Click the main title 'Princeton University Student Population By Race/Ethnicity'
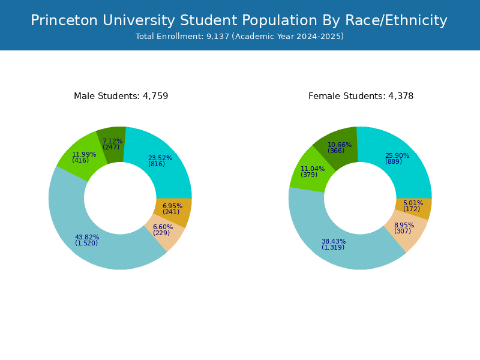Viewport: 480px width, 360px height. [239, 21]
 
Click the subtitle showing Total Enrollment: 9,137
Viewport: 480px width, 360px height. [239, 37]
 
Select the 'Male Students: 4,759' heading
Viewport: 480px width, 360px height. [121, 96]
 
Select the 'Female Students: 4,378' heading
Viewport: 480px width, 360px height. [361, 96]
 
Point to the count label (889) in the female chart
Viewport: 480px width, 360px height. [394, 162]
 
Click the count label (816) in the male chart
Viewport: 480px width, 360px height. [157, 164]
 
